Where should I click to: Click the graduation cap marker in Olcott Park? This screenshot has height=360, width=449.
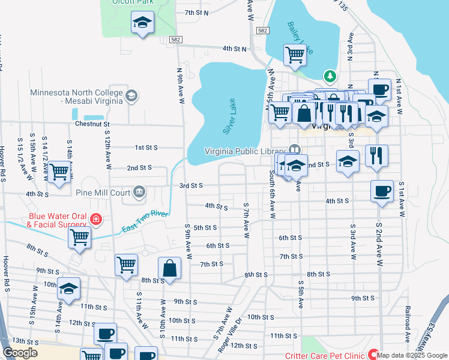tap(142, 23)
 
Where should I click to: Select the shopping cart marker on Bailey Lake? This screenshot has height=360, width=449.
tap(295, 54)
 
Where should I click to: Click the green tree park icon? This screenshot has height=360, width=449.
tap(329, 76)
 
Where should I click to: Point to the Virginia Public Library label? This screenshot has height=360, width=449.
tap(246, 150)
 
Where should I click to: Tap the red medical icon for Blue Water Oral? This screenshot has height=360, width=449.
tap(96, 220)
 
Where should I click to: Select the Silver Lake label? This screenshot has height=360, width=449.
tap(229, 116)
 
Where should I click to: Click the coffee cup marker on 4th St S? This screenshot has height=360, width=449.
tap(382, 191)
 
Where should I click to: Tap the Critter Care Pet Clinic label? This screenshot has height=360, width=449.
tap(324, 355)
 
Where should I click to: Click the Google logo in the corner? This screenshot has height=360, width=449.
tap(20, 353)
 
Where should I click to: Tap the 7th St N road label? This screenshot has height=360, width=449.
tap(196, 12)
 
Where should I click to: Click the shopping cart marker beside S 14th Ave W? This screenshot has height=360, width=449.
tap(59, 172)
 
